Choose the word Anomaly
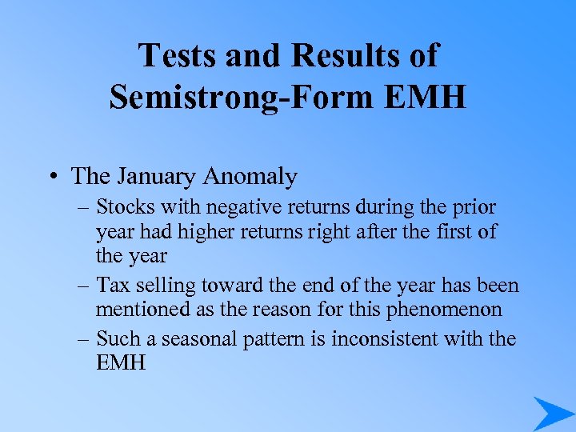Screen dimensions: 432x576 coord(250,176)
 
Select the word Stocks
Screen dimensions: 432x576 coord(128,207)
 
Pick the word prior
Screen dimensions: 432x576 coord(475,207)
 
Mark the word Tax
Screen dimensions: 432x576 coord(113,285)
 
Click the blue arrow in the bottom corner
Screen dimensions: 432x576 coord(552,414)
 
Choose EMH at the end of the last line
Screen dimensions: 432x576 coord(121,362)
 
